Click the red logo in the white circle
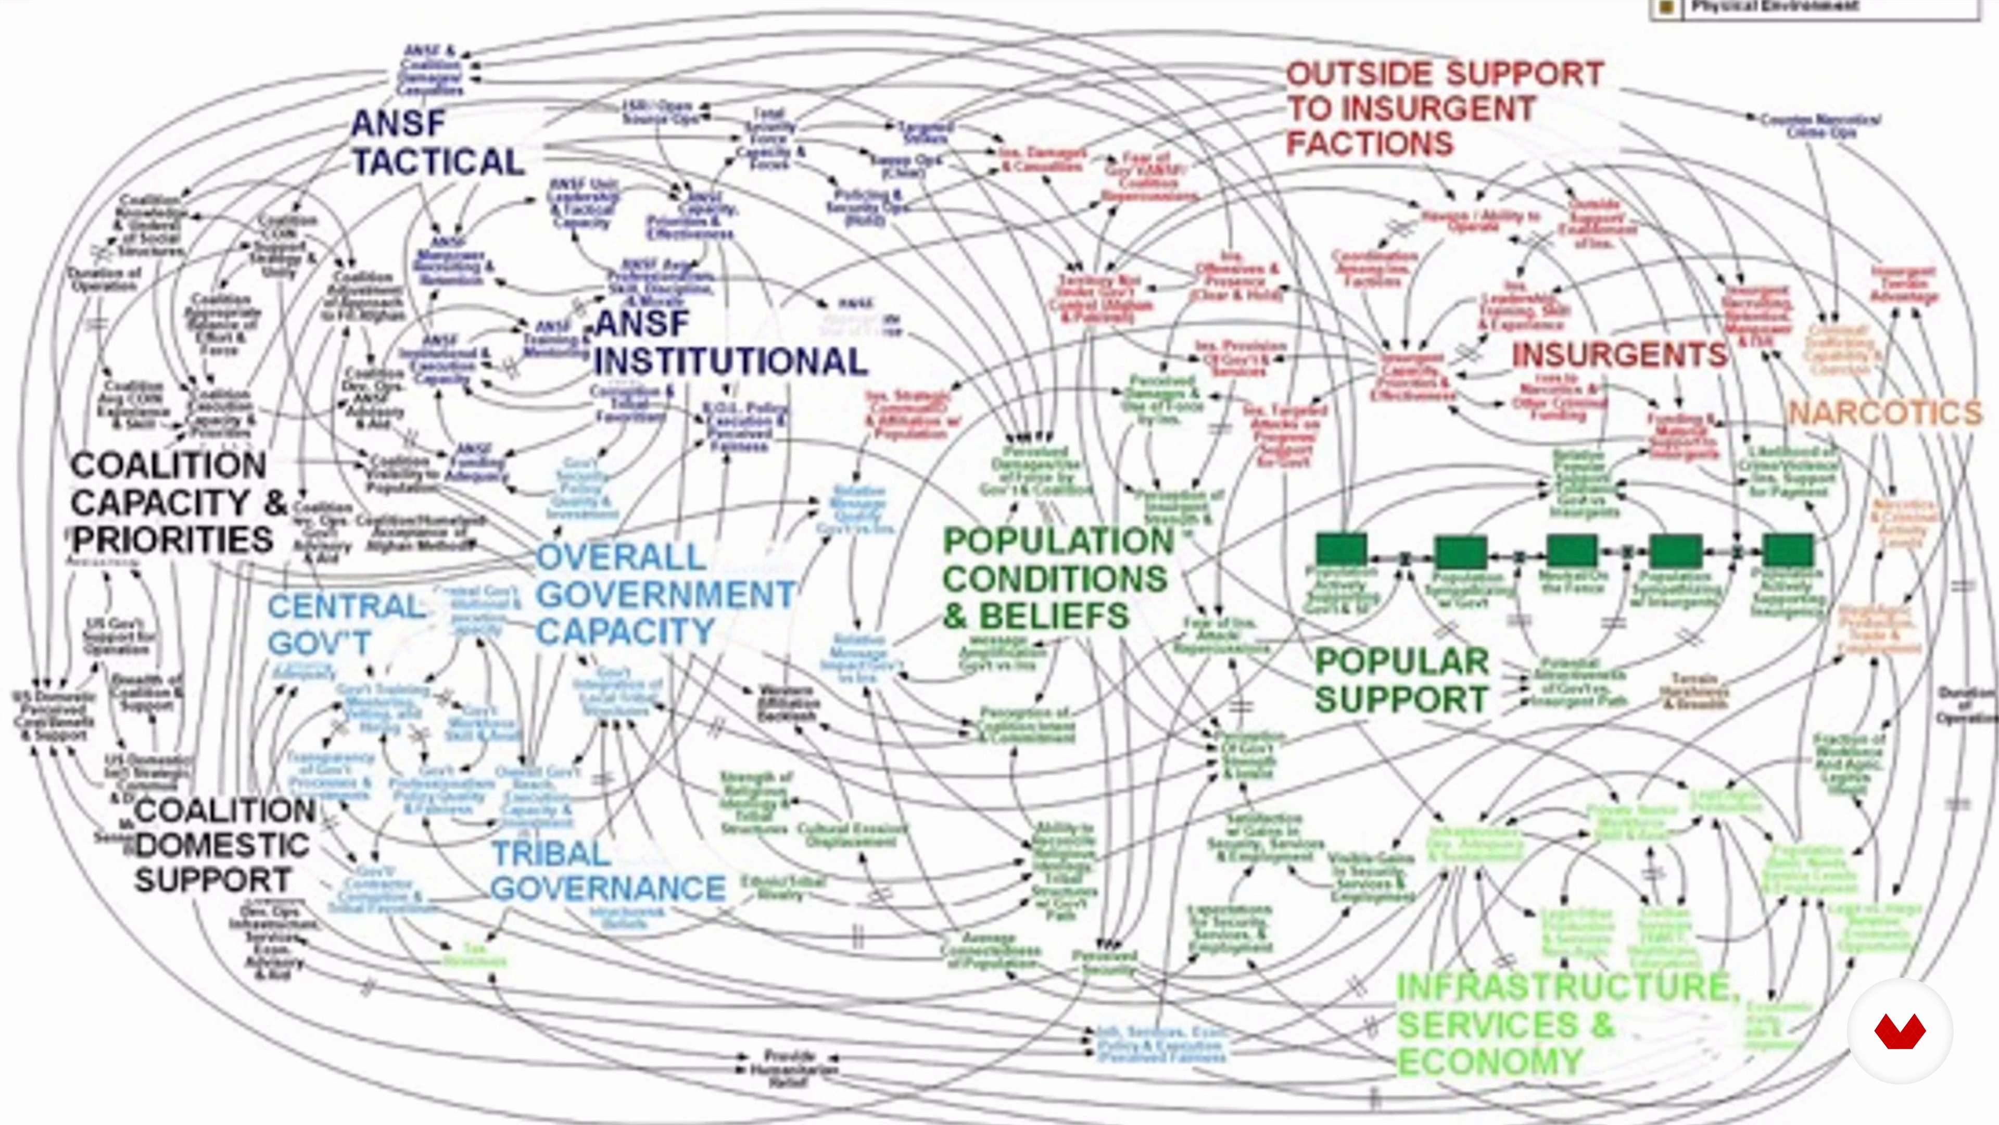click(1900, 1032)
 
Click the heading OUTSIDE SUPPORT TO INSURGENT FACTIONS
click(1444, 109)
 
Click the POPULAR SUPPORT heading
click(1401, 680)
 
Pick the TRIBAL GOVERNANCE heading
click(608, 871)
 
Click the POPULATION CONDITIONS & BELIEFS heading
click(1057, 579)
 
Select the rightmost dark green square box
click(1788, 549)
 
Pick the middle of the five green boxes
click(1572, 549)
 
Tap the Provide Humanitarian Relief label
click(789, 1068)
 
